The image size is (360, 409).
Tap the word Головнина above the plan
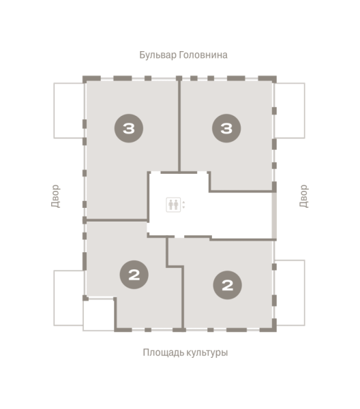[202, 55]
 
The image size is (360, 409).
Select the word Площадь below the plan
[162, 353]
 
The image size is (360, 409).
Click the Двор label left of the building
[55, 196]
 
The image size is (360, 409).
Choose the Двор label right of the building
[304, 196]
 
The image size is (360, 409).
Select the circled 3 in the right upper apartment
[226, 127]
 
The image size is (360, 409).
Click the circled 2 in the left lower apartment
[134, 275]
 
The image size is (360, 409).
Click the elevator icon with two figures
[173, 204]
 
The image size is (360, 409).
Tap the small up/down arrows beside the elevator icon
[183, 204]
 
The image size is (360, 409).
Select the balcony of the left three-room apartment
[69, 110]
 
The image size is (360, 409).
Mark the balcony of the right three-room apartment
[290, 110]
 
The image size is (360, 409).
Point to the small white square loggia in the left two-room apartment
[98, 315]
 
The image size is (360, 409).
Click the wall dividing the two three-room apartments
[179, 126]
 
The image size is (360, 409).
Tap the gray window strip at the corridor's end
[275, 215]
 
